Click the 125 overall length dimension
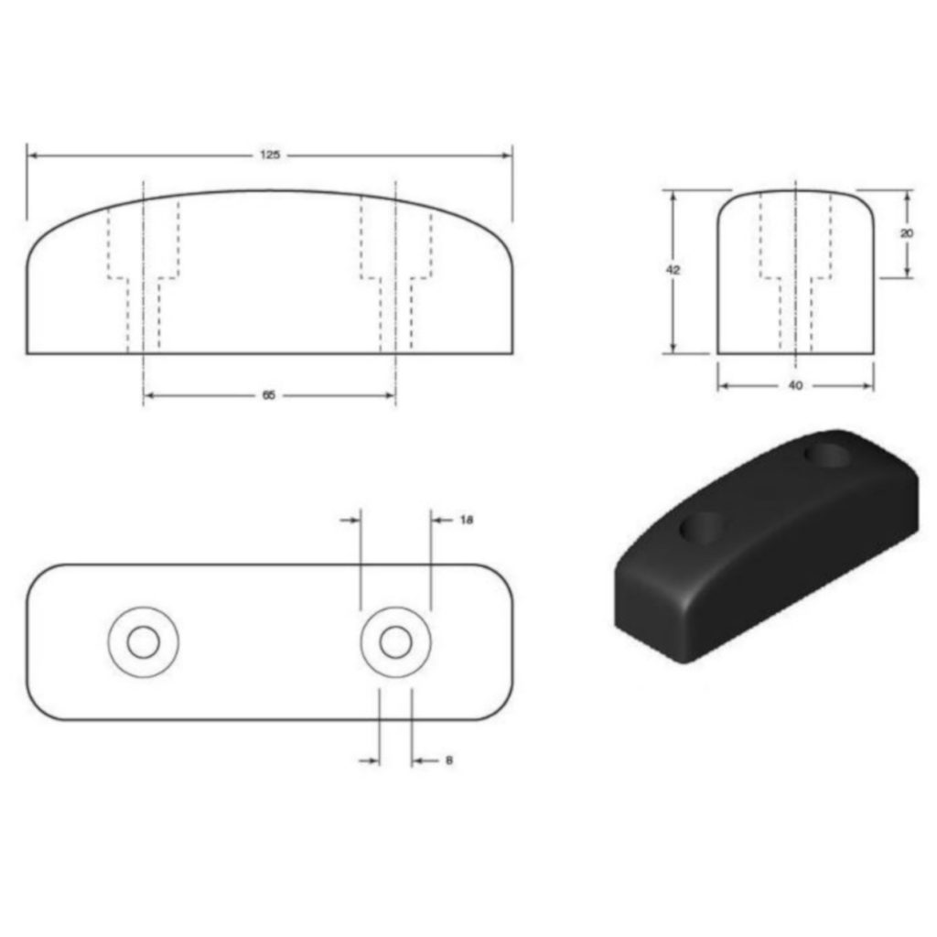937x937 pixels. coord(269,156)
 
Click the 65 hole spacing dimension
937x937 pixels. coord(269,395)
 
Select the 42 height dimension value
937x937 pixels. coord(673,271)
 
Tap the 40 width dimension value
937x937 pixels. coord(795,386)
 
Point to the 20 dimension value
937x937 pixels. coord(907,232)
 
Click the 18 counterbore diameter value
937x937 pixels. coord(466,520)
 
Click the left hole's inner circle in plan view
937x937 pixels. coord(143,642)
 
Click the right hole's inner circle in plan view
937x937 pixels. coord(395,642)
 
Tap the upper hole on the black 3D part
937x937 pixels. coord(826,455)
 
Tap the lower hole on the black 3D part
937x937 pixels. coord(702,529)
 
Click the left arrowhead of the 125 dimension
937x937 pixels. coord(33,156)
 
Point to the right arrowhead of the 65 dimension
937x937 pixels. coord(389,395)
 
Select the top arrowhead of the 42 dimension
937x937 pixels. coord(673,196)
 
